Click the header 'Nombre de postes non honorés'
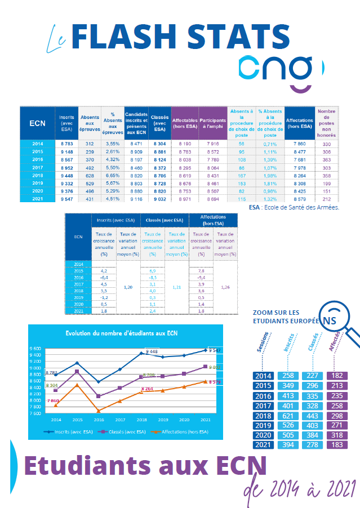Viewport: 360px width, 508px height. pos(326,123)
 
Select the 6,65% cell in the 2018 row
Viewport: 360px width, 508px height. pos(112,175)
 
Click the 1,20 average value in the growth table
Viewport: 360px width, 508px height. pos(127,287)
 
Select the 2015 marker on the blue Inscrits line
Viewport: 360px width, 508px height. pos(77,363)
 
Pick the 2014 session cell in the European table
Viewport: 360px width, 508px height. pos(263,376)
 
